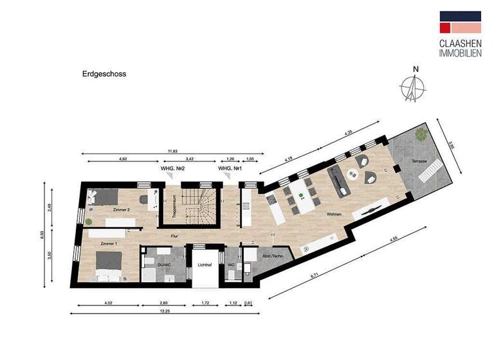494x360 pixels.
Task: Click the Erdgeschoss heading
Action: (104, 74)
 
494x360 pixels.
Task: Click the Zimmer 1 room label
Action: (110, 244)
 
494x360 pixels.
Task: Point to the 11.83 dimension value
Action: (172, 151)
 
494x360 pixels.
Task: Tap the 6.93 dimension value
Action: (42, 237)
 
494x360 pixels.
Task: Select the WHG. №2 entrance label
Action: (173, 169)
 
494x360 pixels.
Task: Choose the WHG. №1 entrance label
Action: (230, 169)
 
